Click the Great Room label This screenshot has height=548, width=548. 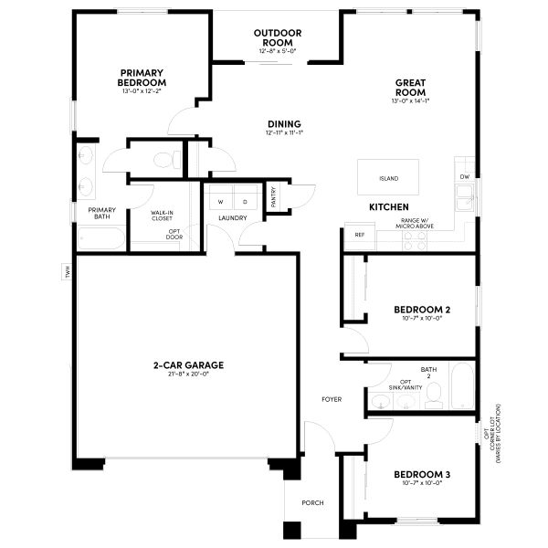[410, 87]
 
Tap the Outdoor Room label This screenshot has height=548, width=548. [277, 38]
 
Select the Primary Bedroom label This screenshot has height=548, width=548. [141, 78]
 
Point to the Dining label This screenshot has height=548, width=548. [284, 124]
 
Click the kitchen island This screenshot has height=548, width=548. [388, 177]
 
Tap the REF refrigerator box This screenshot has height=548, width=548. [359, 236]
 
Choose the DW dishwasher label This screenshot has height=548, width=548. [464, 176]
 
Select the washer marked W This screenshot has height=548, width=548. [220, 200]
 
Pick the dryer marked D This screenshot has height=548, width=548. [244, 200]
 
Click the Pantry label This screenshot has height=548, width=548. [273, 197]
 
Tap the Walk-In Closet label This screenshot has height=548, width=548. [163, 216]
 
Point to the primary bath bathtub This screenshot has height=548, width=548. [101, 239]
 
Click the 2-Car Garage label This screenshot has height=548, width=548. [188, 365]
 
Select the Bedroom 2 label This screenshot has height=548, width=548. [421, 310]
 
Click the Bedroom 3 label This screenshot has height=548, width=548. [421, 475]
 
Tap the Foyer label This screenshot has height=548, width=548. [331, 400]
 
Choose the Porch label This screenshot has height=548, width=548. [312, 502]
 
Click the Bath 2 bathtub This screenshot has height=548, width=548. [462, 387]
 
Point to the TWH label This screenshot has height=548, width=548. [68, 271]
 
